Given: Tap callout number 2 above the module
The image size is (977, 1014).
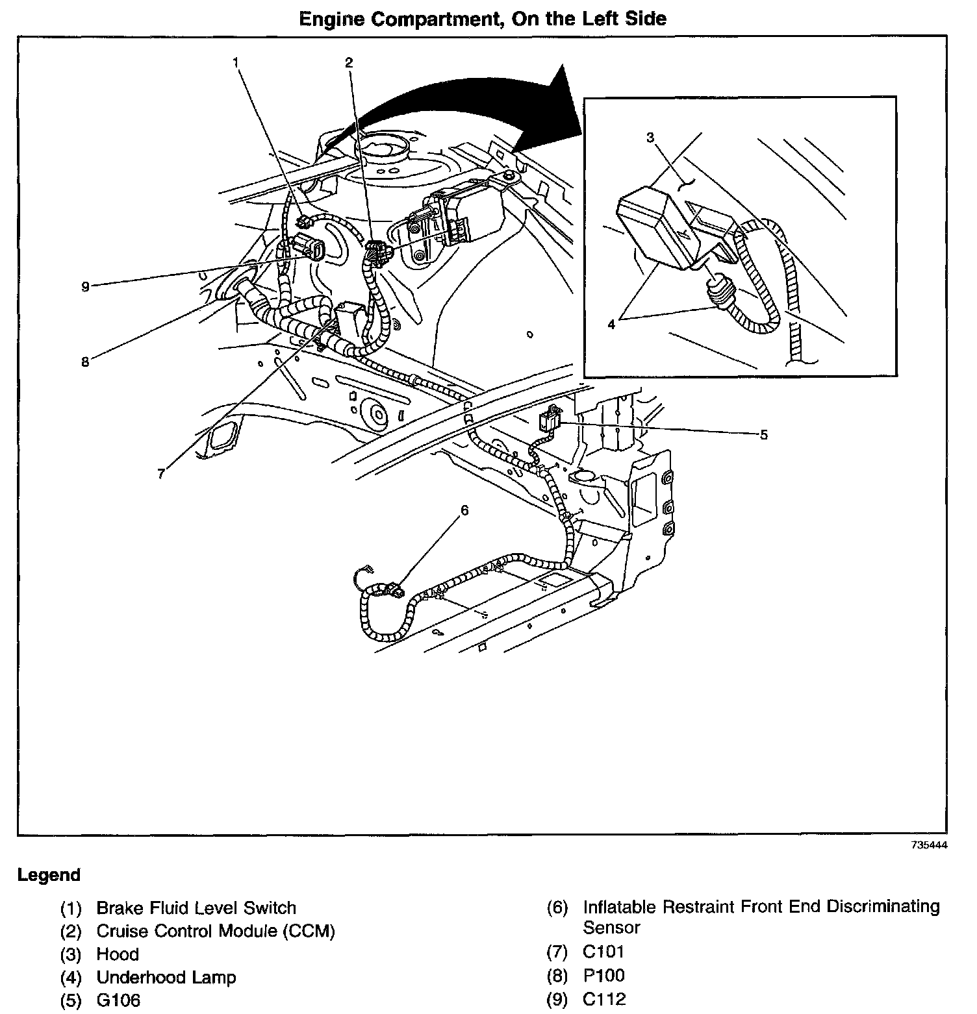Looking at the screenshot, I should pyautogui.click(x=349, y=62).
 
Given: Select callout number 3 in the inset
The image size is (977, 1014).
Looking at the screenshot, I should pyautogui.click(x=650, y=137).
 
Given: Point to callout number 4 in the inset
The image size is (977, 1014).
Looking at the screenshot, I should pyautogui.click(x=611, y=325).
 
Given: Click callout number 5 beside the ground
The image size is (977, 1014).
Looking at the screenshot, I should pyautogui.click(x=763, y=434).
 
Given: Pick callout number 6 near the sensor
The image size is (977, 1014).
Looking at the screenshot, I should pyautogui.click(x=464, y=510).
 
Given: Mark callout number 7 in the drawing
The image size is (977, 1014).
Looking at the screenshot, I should pyautogui.click(x=160, y=474).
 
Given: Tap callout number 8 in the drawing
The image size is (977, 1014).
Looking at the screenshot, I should pyautogui.click(x=85, y=362).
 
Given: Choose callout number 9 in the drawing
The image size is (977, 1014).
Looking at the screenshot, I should pyautogui.click(x=85, y=286).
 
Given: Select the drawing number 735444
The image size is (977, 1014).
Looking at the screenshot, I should pyautogui.click(x=930, y=846).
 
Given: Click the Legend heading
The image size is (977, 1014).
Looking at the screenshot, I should pyautogui.click(x=49, y=875).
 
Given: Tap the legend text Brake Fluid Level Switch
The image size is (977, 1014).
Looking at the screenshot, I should pyautogui.click(x=196, y=908).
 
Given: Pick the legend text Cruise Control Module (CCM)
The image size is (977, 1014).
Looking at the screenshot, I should pyautogui.click(x=216, y=931).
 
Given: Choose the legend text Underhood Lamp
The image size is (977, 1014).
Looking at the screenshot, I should pyautogui.click(x=166, y=977).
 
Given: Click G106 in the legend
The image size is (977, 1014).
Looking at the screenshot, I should pyautogui.click(x=118, y=1000).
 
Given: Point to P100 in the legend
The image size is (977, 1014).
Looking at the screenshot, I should pyautogui.click(x=604, y=975).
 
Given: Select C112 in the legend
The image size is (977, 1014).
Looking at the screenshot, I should pyautogui.click(x=604, y=999).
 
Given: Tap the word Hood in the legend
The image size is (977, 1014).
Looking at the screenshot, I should pyautogui.click(x=118, y=954).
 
